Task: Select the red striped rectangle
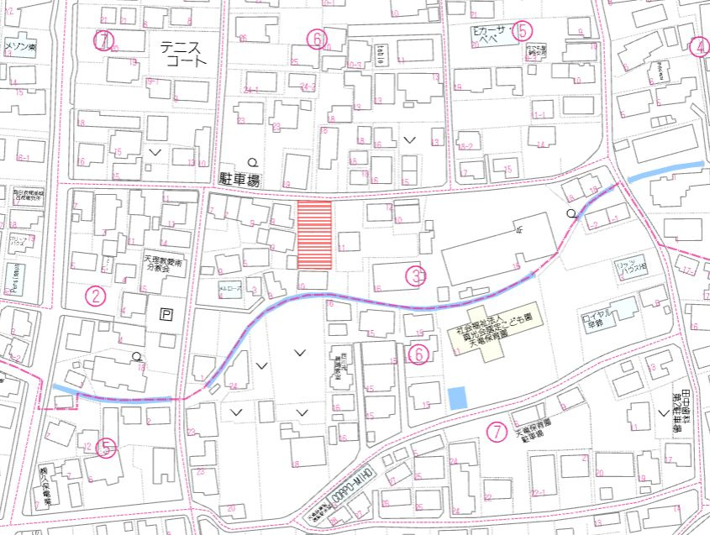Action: coord(316,235)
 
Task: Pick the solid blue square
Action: coord(456,397)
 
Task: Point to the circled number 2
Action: coord(97,295)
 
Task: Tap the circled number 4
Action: coord(699,47)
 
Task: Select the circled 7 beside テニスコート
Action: coord(103,39)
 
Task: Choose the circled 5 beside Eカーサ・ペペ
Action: coord(523,31)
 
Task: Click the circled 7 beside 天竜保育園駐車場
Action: coord(497,432)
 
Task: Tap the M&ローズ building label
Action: coord(230,288)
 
